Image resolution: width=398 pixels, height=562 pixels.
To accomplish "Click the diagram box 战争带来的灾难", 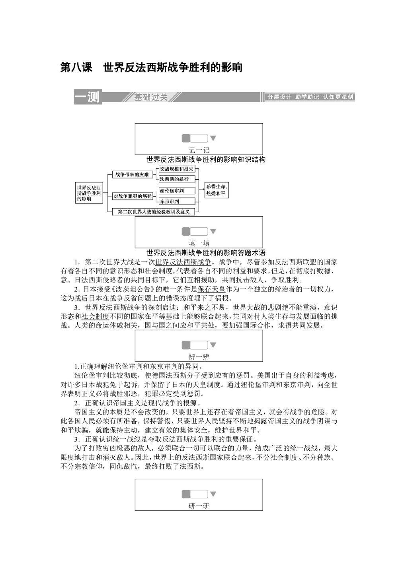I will [x=132, y=174].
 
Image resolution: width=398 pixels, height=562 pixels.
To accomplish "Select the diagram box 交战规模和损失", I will [x=177, y=169].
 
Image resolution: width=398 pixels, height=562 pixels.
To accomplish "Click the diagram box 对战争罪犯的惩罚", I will [x=133, y=196].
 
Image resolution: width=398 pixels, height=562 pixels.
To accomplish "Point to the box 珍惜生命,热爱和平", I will [x=217, y=190].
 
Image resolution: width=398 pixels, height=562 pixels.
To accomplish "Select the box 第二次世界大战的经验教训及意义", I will [x=154, y=212].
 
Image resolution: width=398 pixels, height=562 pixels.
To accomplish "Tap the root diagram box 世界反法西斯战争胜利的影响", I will [x=89, y=193].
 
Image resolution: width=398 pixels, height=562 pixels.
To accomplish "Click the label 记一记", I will [x=199, y=150].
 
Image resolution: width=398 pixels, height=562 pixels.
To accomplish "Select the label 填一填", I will [x=199, y=243].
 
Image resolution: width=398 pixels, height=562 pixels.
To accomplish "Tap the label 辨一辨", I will [x=199, y=357].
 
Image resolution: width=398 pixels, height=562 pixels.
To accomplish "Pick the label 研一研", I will [x=199, y=506].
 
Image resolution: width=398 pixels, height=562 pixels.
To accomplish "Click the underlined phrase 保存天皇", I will [x=211, y=289].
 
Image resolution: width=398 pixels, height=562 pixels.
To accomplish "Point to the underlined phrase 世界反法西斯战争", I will [x=183, y=262].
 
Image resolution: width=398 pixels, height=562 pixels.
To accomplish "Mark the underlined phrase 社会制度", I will [x=95, y=316].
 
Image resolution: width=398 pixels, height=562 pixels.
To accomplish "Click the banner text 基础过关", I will [x=151, y=97].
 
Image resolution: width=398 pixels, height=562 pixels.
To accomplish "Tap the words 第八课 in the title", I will [x=76, y=68].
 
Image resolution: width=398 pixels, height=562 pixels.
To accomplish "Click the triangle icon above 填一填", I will [x=213, y=231].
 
